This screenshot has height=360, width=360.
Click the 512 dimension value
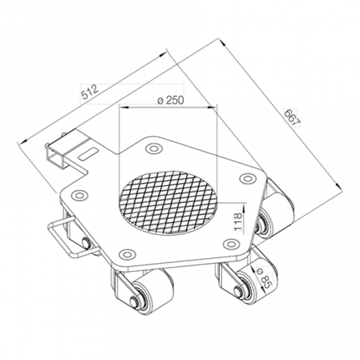[x=90, y=92]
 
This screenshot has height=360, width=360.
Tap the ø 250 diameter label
[x=171, y=101]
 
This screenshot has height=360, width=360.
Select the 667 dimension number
[x=292, y=117]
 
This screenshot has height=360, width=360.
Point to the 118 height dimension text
[x=238, y=222]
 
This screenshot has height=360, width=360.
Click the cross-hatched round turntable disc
[x=168, y=202]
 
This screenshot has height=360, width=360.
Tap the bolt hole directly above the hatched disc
[x=153, y=148]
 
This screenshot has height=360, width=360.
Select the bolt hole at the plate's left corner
[x=79, y=196]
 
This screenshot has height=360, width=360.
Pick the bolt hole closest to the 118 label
[x=231, y=244]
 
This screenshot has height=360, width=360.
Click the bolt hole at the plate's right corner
[x=248, y=178]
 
